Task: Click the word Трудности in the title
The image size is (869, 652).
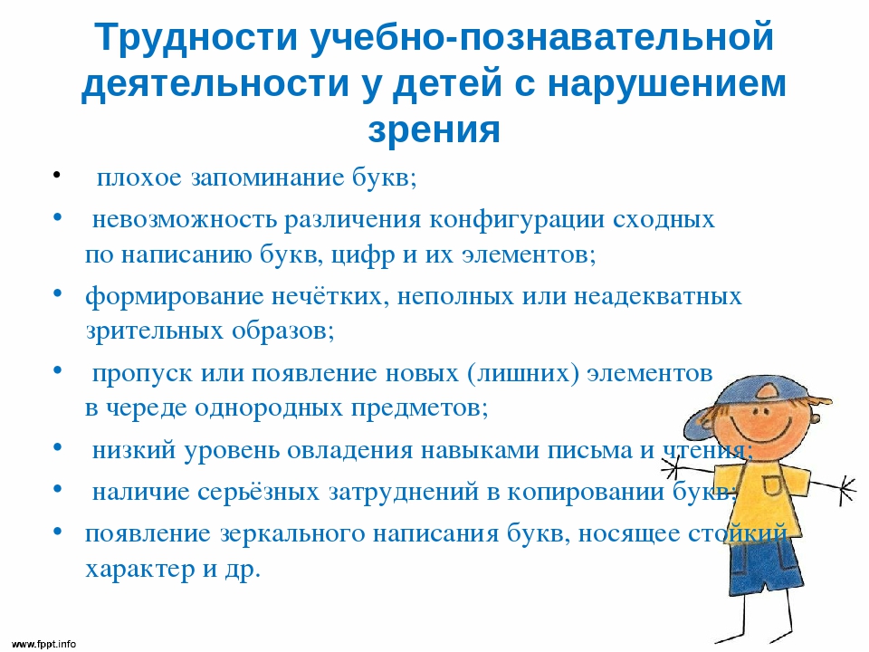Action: tap(196, 38)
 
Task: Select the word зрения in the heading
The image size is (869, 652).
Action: tap(434, 129)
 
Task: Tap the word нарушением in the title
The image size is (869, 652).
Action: tap(667, 84)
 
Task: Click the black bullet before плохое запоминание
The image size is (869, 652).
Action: tap(56, 175)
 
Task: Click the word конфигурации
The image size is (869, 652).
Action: tap(517, 220)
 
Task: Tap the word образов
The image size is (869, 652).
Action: tap(282, 331)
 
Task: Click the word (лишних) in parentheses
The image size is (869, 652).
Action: tap(522, 373)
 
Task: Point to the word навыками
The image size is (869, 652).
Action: tap(480, 450)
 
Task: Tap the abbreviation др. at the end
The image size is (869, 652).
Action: tap(243, 570)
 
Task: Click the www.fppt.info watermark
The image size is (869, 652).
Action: tap(43, 644)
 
